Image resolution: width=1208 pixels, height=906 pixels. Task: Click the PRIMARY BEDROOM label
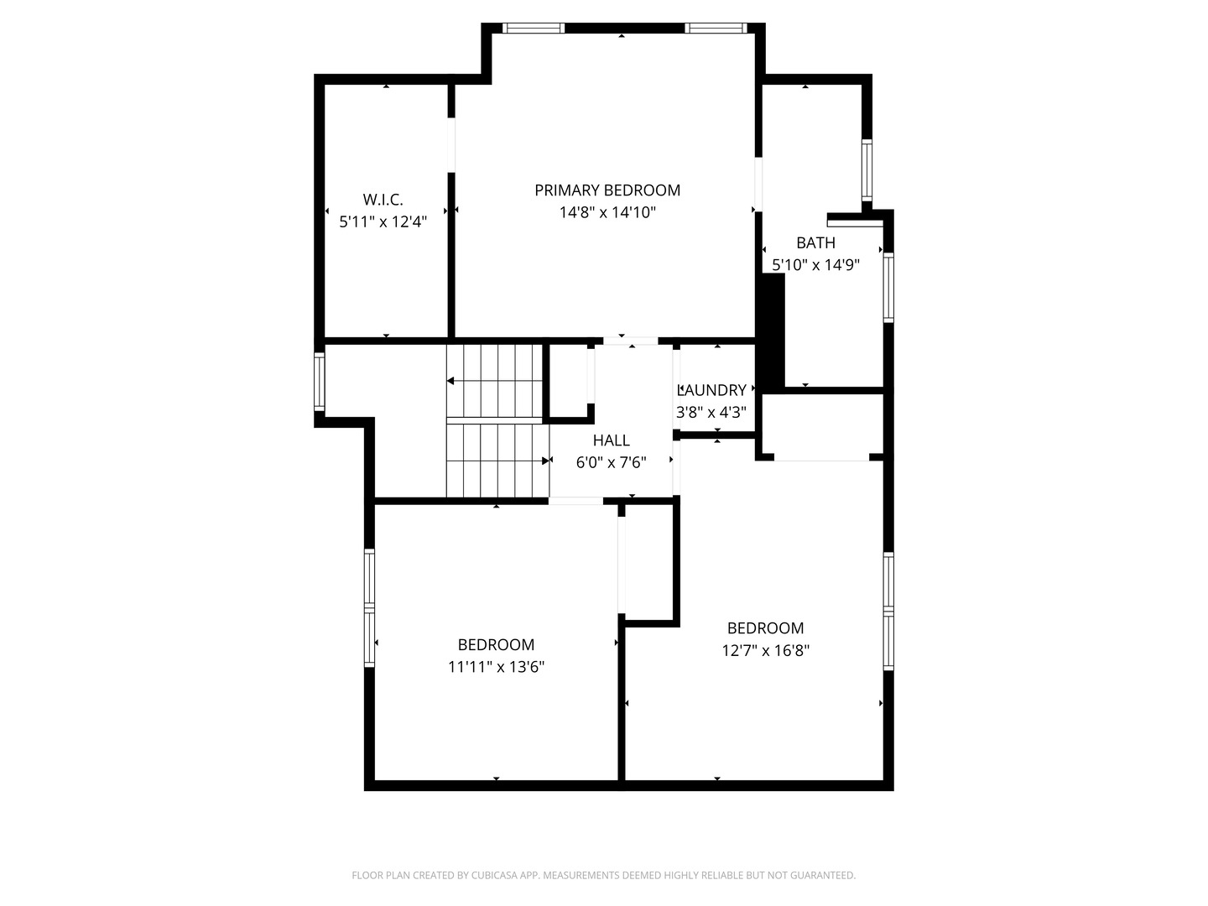[x=607, y=190]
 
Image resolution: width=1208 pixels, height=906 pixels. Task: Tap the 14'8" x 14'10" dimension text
[x=607, y=212]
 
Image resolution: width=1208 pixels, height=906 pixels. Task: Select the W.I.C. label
[x=383, y=199]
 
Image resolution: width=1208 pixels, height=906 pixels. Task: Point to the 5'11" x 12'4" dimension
[x=383, y=221]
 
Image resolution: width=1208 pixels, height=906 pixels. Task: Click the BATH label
[x=815, y=242]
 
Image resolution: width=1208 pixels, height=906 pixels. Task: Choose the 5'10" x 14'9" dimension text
[x=815, y=265]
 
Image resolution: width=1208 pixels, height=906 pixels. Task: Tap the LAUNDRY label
[x=711, y=390]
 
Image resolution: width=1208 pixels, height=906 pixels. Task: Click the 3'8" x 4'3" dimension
[x=711, y=412]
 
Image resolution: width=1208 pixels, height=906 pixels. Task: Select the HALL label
[x=612, y=440]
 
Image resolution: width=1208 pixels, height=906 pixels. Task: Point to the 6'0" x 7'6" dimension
[x=611, y=462]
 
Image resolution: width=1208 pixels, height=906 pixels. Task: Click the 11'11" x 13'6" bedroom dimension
[x=496, y=667]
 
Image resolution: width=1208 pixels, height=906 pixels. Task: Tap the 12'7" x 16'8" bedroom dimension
[x=766, y=651]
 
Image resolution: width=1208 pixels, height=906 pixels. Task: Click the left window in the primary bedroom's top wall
[x=534, y=28]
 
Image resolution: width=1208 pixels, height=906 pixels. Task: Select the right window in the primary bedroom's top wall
[x=716, y=28]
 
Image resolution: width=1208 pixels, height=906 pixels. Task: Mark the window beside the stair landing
[x=320, y=381]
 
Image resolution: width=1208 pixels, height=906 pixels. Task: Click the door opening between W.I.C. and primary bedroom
[x=451, y=145]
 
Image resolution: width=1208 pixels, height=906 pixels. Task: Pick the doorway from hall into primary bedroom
[x=631, y=341]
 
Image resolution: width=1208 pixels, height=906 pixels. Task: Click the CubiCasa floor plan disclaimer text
[x=604, y=875]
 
